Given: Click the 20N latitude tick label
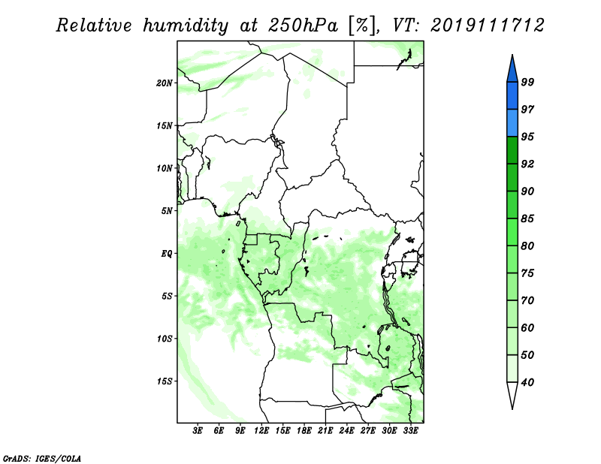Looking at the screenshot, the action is coord(165,83).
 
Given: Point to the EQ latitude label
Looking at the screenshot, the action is coord(166,253).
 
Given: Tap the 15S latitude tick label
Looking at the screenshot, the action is coord(165,381).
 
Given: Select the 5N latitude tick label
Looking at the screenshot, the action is coord(167,211).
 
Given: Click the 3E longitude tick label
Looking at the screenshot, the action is coord(198,430).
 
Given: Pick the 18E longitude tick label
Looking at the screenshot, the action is coord(304,430).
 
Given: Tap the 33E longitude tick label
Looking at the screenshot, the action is coord(410,430).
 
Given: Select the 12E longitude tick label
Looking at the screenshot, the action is coord(261,430).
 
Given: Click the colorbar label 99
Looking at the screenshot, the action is coord(527,82).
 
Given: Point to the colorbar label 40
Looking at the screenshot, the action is coord(527,382).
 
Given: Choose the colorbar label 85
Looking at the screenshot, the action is coord(527,218).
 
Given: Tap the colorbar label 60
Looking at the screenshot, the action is coord(527,327).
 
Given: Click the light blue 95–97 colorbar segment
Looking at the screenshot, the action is coord(512,123).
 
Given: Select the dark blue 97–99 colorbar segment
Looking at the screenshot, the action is coord(512,96).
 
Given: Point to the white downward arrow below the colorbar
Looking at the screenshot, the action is coord(512,395).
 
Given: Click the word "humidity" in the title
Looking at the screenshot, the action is coord(186,26).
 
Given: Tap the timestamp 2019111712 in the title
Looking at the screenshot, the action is coord(487,26).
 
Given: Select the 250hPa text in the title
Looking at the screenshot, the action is coord(303,26).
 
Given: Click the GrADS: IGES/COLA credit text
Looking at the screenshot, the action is coord(42,458).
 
